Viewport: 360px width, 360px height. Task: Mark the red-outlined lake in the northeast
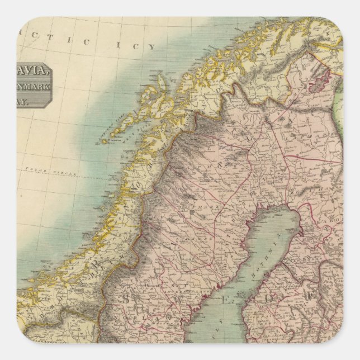[319, 82]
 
